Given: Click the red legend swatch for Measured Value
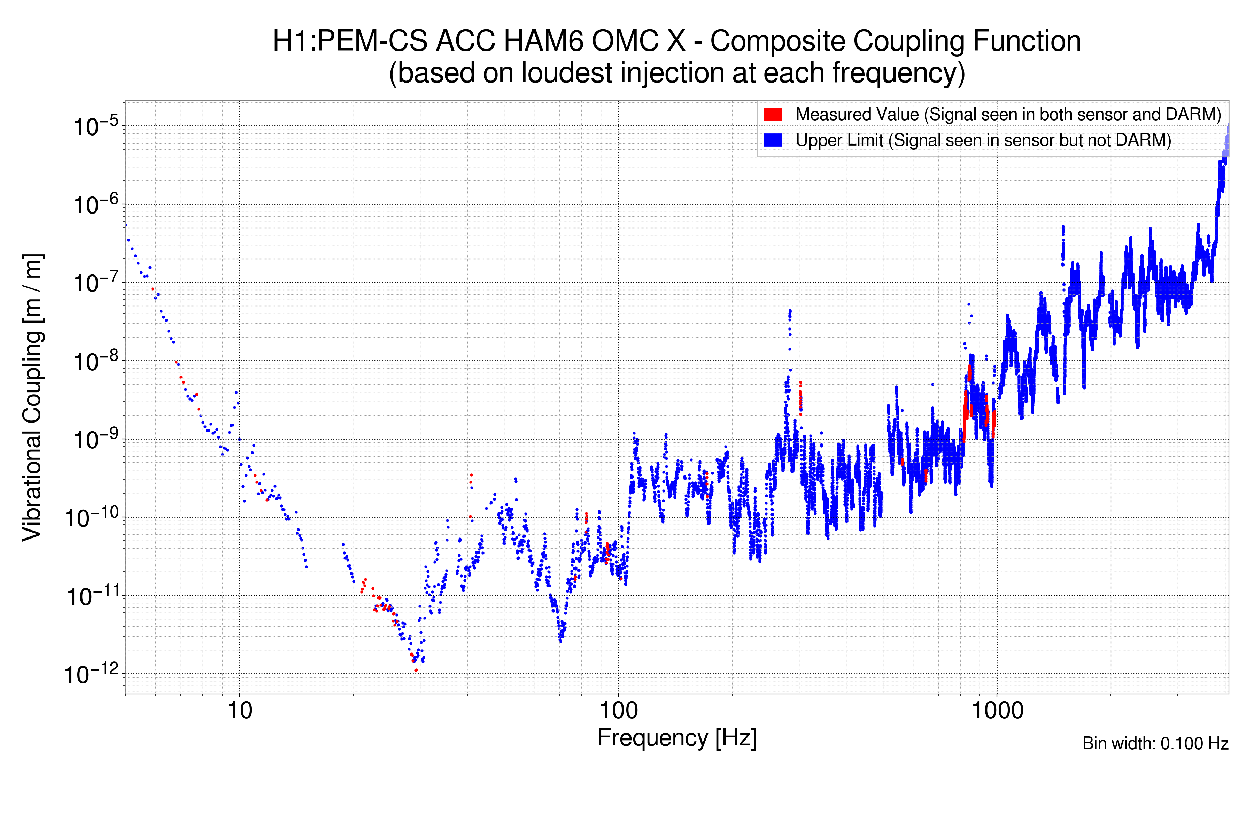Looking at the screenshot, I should tap(773, 115).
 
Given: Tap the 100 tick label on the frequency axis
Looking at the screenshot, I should tap(619, 711).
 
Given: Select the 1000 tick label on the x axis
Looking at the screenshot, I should tap(997, 711).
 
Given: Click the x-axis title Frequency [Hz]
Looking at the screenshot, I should tap(676, 738).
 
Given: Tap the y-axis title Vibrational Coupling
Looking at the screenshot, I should tap(32, 397).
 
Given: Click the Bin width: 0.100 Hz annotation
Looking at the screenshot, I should tap(1155, 743).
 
